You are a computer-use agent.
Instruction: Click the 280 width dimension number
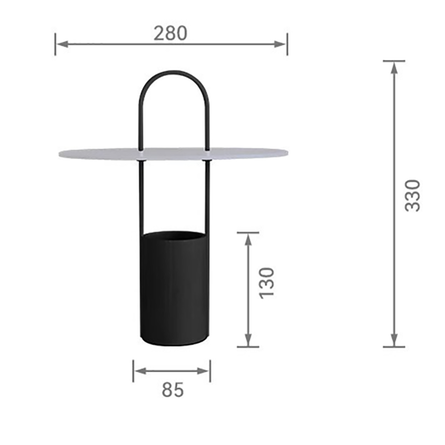point(170,33)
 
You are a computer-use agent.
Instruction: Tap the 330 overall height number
point(412,196)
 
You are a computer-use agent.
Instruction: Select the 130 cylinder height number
point(267,283)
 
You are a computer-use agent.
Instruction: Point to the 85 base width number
point(172,390)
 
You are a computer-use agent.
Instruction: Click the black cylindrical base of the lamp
point(175,289)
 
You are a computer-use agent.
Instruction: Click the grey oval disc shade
point(173,154)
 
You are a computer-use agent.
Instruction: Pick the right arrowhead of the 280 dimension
point(280,44)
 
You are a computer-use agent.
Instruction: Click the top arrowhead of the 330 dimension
point(394,67)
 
